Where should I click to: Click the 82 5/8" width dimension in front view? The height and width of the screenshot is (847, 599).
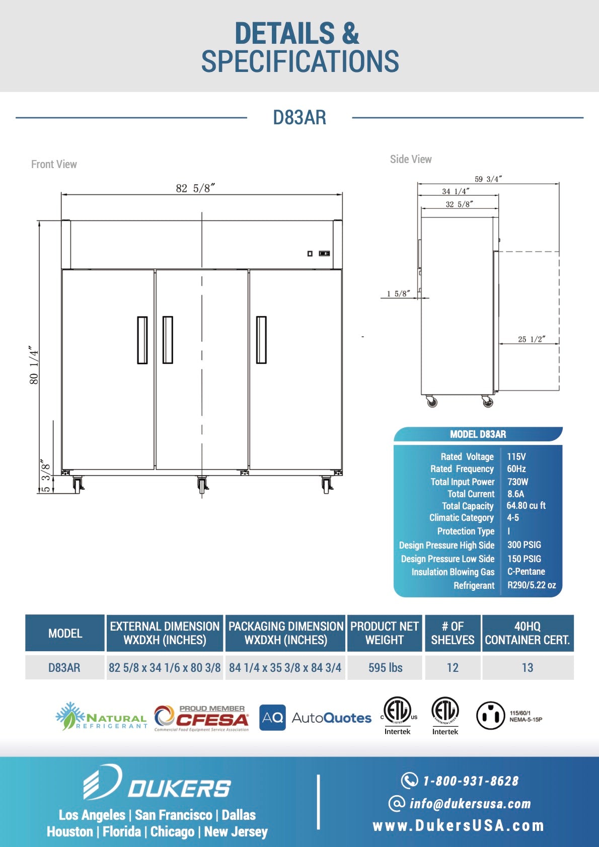pos(195,188)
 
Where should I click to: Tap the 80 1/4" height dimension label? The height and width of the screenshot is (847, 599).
pos(34,365)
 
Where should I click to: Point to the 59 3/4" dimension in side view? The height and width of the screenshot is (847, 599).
pos(488,179)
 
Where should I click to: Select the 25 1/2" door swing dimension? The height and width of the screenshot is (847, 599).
pos(531,339)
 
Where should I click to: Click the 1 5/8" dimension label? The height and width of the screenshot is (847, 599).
pos(398,293)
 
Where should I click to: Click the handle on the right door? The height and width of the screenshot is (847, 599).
pos(261,340)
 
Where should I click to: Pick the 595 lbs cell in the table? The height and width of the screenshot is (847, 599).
pos(385,668)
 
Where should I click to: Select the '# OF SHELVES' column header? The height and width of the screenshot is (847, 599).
pos(453,633)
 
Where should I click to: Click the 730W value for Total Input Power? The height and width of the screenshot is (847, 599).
pos(517,482)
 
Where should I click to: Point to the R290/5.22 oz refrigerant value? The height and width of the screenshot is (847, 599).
pos(532,585)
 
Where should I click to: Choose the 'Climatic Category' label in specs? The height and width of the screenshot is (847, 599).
pos(461,518)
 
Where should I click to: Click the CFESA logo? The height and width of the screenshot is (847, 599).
pos(202,718)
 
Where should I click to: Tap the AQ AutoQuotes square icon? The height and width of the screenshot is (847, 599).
pos(272,718)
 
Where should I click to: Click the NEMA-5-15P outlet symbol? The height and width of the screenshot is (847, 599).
pos(490,716)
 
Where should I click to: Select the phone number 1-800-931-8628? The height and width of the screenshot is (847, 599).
pos(470,781)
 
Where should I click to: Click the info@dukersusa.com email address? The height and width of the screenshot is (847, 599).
pos(470,804)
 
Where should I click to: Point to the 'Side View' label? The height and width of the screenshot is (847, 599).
pos(411,160)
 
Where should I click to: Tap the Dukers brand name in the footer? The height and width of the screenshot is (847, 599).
pos(179,789)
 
